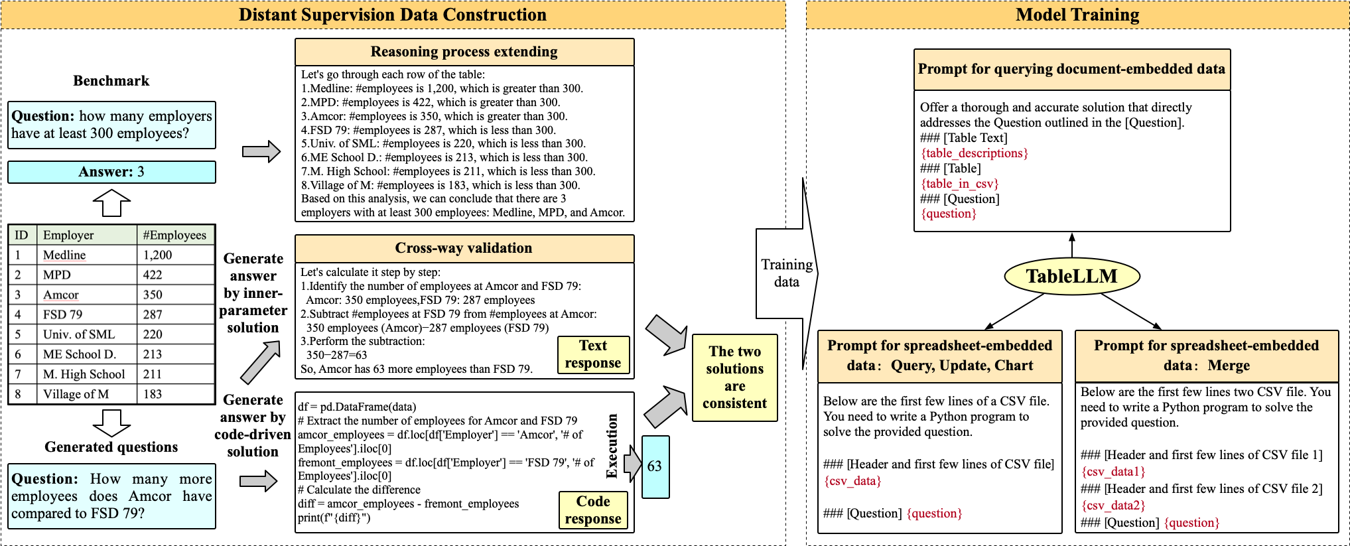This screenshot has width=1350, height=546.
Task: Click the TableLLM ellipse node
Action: pos(1071,277)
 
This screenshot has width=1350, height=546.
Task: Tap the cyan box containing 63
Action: pos(655,466)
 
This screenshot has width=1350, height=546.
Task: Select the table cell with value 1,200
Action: pos(158,255)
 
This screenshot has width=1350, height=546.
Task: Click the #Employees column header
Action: pos(174,235)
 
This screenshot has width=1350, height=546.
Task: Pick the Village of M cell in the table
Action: pos(76,394)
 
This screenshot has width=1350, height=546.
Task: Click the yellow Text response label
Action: pos(593,354)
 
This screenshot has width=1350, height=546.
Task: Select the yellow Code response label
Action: pos(593,510)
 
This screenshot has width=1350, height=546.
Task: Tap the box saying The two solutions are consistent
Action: pos(734,377)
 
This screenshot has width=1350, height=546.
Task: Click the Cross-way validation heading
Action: pos(464,248)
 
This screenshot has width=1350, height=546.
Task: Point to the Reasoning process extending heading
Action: pos(464,52)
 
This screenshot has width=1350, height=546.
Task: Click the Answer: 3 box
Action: pos(111,172)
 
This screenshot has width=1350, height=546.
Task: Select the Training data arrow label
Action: pos(786,273)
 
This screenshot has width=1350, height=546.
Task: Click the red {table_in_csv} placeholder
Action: pos(959,184)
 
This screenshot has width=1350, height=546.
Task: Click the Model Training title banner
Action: pos(1077,15)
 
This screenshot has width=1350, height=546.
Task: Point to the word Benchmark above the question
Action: pos(111,81)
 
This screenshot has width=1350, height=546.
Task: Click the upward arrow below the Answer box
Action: pos(111,202)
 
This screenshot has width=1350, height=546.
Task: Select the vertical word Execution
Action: pos(612,446)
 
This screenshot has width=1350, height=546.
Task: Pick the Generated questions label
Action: pos(111,447)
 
